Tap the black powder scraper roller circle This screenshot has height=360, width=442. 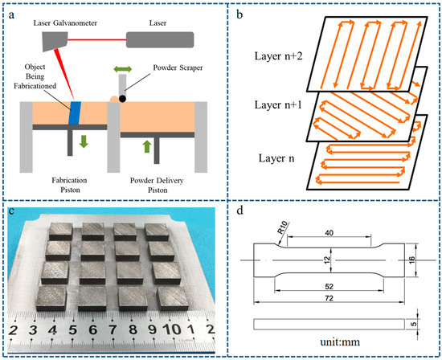pyautogui.click(x=121, y=98)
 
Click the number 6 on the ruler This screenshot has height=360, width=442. pyautogui.click(x=92, y=329)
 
